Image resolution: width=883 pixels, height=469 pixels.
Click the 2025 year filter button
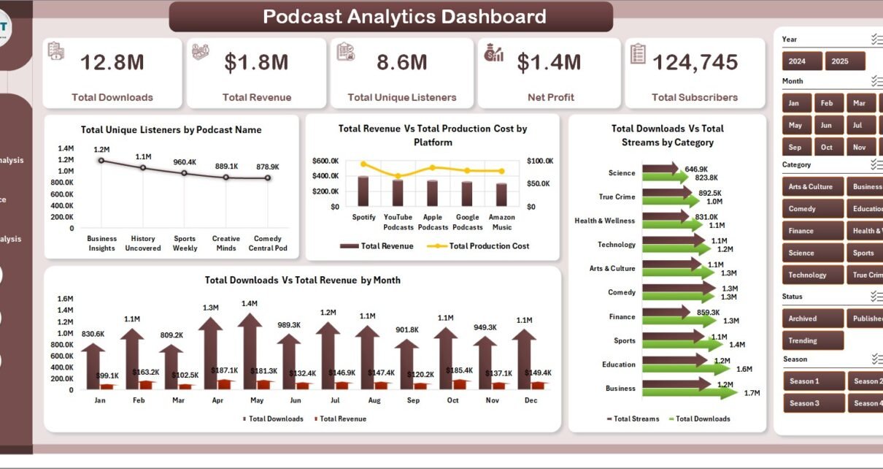tap(845, 61)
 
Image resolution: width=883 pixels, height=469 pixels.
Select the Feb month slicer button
tap(827, 103)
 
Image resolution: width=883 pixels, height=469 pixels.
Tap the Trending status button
tap(812, 340)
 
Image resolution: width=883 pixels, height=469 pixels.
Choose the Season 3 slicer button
tap(814, 403)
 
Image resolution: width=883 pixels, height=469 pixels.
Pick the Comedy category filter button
tap(812, 209)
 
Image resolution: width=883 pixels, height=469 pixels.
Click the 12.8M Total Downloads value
tap(112, 63)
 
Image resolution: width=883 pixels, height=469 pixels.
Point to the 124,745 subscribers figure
tap(695, 63)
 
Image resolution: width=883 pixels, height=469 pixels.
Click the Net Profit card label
tap(550, 97)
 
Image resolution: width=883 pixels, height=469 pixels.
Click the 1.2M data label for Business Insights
tap(101, 149)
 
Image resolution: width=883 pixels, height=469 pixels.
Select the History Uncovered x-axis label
tap(143, 243)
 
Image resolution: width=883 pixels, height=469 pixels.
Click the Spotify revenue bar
tap(363, 191)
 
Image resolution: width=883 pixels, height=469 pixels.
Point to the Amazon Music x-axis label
tap(502, 222)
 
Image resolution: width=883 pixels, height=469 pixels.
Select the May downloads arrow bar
tap(250, 351)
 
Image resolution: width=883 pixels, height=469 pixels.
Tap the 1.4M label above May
tap(250, 303)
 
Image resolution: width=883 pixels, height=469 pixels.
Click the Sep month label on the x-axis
tap(413, 400)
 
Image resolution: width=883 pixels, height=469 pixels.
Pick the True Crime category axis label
tap(617, 197)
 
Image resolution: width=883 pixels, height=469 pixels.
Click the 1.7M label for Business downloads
tap(752, 393)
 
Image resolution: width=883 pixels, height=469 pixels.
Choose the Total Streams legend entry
tap(633, 419)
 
